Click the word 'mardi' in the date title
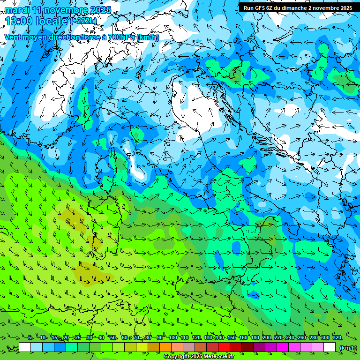[17, 10]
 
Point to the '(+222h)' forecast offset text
[84, 21]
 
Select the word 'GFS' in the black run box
[260, 8]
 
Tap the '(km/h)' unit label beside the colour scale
[347, 348]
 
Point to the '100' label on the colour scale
[172, 338]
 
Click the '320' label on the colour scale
[337, 338]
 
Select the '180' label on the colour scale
[255, 338]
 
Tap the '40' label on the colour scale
[101, 338]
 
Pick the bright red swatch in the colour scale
[224, 347]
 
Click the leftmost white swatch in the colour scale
[25, 347]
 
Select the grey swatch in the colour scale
[189, 347]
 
